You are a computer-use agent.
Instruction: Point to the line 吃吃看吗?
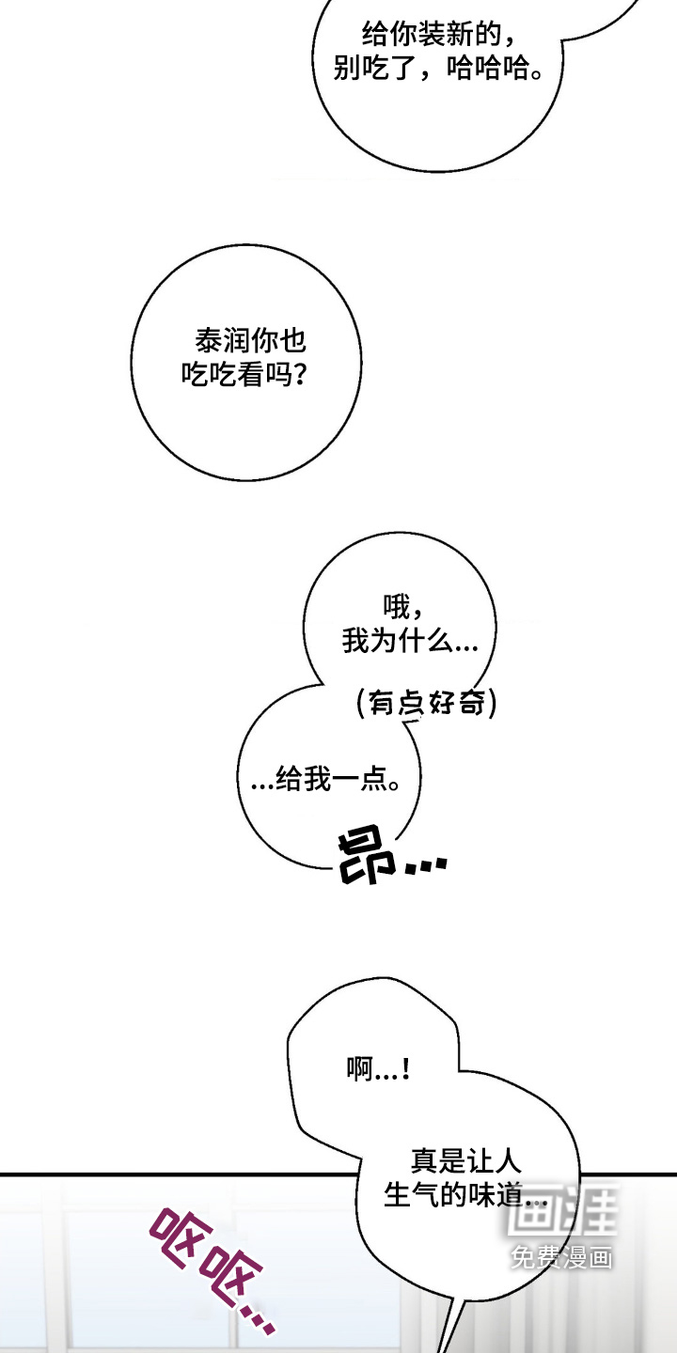pos(244,375)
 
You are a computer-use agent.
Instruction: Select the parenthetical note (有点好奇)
pos(427,703)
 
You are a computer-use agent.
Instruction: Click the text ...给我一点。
pos(325,778)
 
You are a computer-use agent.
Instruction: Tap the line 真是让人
pos(466,1160)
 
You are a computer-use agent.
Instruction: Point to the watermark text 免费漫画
pos(561,1258)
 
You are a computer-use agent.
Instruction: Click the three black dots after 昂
pos(426,865)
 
